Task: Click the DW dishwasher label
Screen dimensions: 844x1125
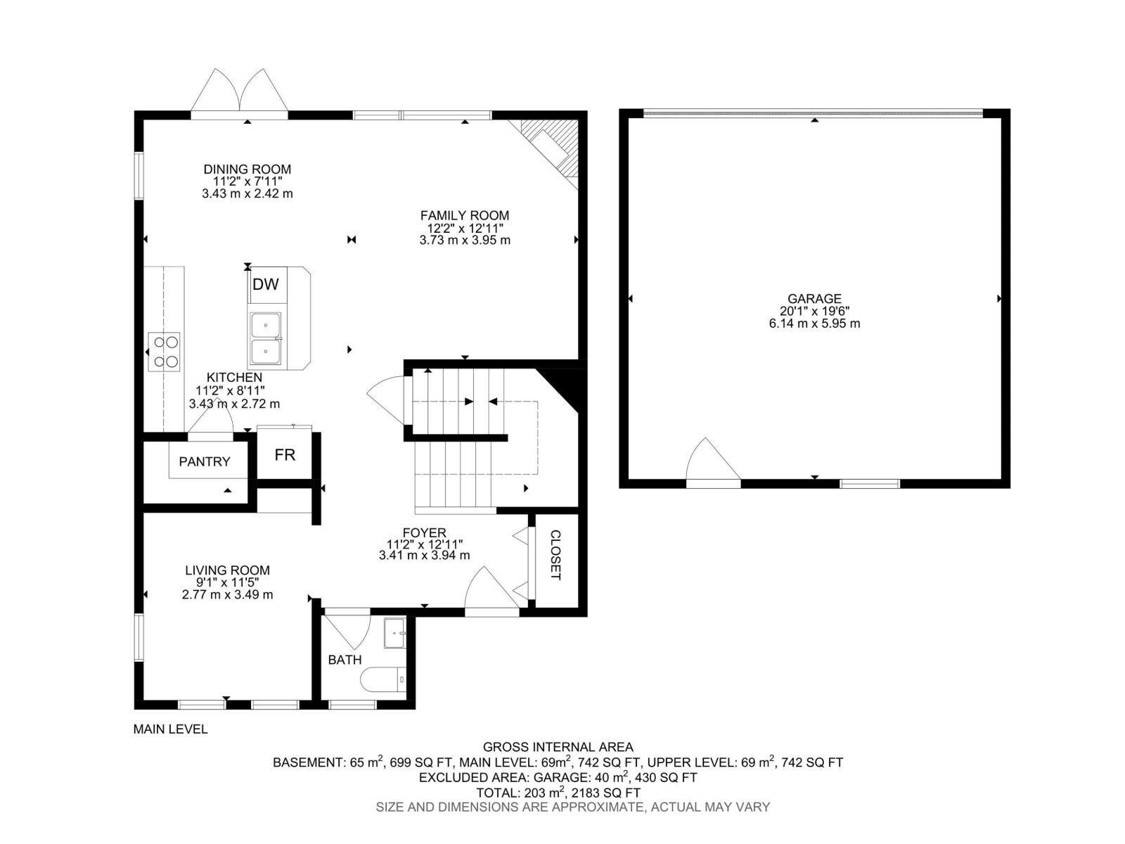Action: click(x=265, y=285)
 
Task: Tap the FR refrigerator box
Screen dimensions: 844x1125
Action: click(x=285, y=455)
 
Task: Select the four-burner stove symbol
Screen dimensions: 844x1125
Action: click(x=163, y=352)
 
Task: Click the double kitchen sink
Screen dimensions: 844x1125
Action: click(x=265, y=338)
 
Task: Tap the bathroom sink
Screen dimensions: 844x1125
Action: click(x=394, y=634)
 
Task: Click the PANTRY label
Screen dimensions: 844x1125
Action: click(x=204, y=462)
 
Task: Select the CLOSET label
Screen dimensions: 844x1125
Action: click(x=555, y=555)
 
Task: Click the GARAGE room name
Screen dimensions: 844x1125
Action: click(x=814, y=299)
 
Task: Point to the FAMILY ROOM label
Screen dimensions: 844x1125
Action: click(x=465, y=216)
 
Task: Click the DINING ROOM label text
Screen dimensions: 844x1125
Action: click(x=247, y=170)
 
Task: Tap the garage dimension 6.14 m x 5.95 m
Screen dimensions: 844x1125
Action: click(x=814, y=324)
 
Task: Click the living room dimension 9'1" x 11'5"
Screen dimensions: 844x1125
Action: click(x=227, y=582)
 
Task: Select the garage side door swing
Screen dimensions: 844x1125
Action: click(x=712, y=461)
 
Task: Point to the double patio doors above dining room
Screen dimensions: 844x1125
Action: click(x=240, y=91)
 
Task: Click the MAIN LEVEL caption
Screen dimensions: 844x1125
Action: click(x=170, y=729)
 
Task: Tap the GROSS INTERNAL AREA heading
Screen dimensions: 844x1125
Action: click(x=558, y=747)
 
